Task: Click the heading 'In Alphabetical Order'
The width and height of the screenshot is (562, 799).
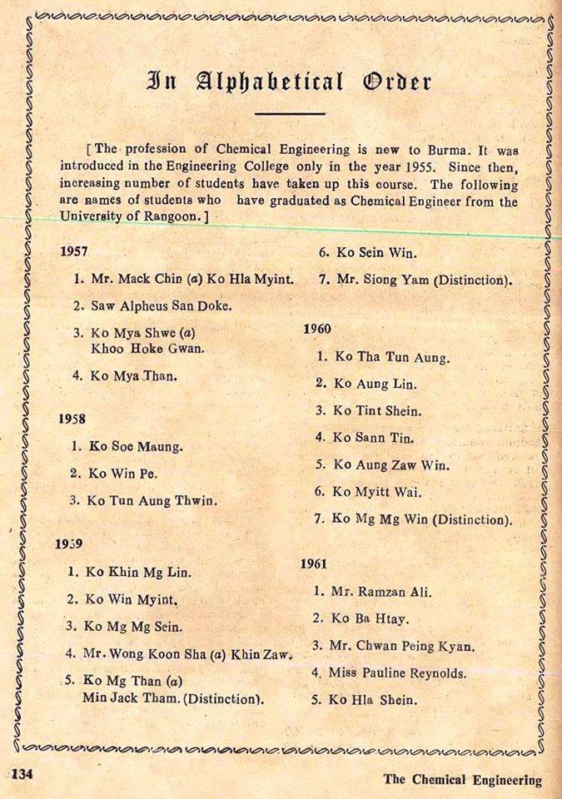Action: pyautogui.click(x=289, y=82)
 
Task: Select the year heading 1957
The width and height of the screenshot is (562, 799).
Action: pyautogui.click(x=75, y=250)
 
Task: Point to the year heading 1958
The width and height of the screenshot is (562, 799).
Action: pyautogui.click(x=72, y=419)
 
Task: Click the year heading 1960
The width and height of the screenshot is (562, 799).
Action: pyautogui.click(x=317, y=329)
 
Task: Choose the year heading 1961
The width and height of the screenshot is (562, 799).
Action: pyautogui.click(x=315, y=564)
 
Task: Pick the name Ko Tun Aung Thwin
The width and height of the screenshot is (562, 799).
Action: pyautogui.click(x=154, y=500)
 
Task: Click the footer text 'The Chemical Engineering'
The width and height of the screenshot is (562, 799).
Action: pyautogui.click(x=462, y=780)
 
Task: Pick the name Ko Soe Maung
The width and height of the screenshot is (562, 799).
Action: pyautogui.click(x=137, y=445)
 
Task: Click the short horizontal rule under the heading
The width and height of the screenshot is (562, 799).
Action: pyautogui.click(x=289, y=112)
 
